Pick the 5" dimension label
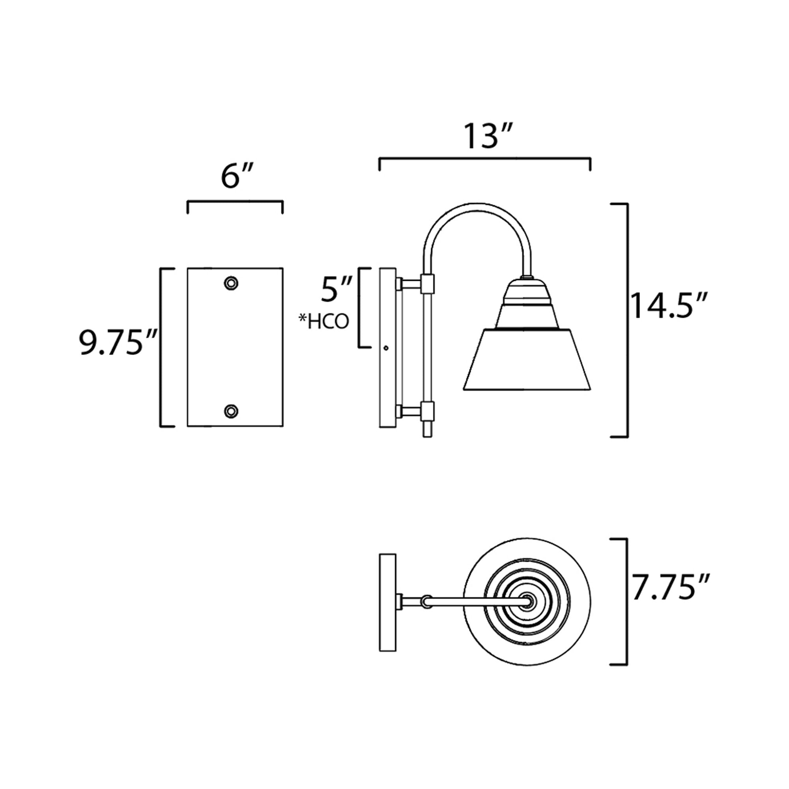(x=336, y=289)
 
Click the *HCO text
(x=324, y=322)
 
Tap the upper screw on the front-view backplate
(x=231, y=282)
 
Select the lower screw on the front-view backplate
(x=231, y=410)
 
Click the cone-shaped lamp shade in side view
(x=527, y=359)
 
